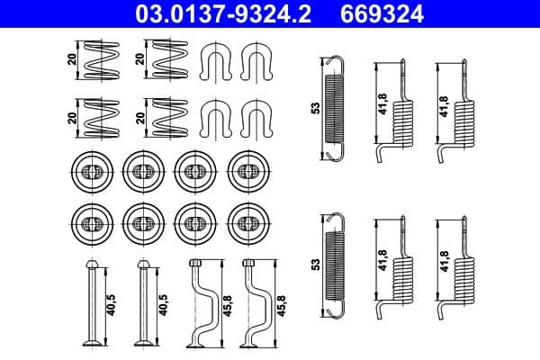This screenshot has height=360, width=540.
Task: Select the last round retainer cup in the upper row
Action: tap(247, 170)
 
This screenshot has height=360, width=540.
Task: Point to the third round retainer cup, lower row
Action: tap(193, 220)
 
